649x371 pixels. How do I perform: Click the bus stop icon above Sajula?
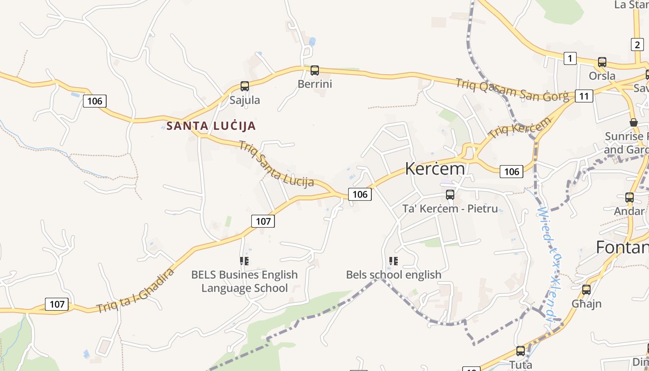click(244, 86)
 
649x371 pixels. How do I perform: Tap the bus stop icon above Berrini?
click(315, 70)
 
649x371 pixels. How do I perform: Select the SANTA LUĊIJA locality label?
click(211, 126)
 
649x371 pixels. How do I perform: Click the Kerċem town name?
click(435, 169)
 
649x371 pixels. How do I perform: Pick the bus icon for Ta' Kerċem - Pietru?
click(450, 195)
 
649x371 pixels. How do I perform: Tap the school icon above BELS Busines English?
click(244, 261)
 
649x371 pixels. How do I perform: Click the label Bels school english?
click(394, 275)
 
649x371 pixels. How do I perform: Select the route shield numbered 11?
click(584, 96)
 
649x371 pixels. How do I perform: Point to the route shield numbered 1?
click(570, 58)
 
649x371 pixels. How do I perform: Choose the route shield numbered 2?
click(637, 45)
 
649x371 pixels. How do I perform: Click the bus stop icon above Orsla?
click(602, 62)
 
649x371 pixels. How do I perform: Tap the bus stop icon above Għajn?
click(586, 290)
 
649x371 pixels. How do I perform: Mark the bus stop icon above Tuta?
click(521, 351)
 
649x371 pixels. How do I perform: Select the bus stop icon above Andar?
click(629, 198)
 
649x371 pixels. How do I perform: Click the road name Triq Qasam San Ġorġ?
click(512, 90)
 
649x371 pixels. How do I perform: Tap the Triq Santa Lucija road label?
click(276, 163)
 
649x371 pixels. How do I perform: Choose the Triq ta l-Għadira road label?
click(135, 291)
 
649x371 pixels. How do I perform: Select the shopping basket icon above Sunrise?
click(634, 122)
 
